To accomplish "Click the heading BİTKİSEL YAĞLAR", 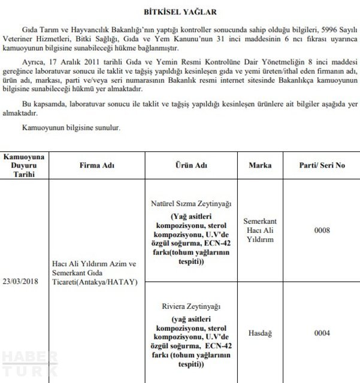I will [x=180, y=11].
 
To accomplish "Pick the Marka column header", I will [x=260, y=165].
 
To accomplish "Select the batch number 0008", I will [x=322, y=229].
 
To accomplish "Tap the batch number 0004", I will [x=322, y=333].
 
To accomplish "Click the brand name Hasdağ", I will [x=260, y=333].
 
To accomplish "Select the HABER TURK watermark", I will [x=29, y=364].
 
